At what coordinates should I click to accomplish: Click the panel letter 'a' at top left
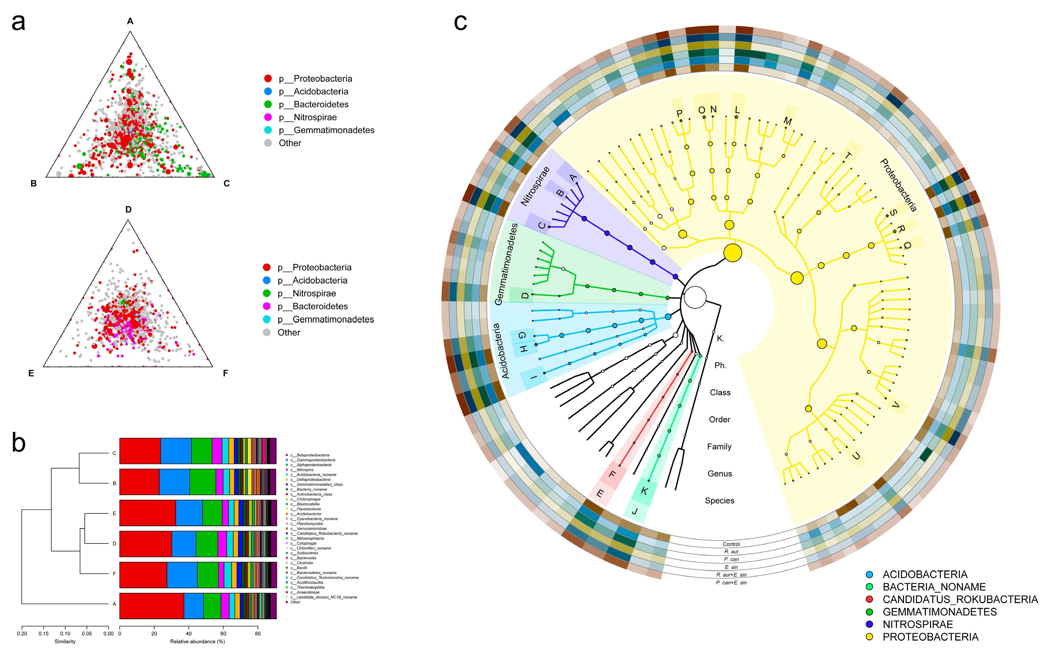(18, 22)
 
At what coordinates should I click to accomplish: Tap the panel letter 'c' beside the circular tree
(460, 22)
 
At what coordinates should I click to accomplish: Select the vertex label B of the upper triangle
(33, 183)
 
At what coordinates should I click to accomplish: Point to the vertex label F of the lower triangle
(225, 373)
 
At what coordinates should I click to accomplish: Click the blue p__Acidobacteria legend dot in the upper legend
(268, 91)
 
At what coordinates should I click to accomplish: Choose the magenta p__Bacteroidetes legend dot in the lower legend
(267, 306)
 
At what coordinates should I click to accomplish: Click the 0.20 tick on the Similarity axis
(22, 634)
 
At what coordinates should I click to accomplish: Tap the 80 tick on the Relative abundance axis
(258, 634)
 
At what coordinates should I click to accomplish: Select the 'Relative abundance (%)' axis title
(198, 642)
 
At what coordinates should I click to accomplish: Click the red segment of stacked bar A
(151, 606)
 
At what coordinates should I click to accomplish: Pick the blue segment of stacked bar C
(176, 451)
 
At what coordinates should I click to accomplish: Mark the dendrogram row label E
(114, 513)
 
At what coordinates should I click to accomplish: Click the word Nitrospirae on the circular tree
(535, 186)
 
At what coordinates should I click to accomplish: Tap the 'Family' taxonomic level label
(719, 446)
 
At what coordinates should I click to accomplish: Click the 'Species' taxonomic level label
(719, 501)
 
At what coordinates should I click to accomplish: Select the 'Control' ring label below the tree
(731, 544)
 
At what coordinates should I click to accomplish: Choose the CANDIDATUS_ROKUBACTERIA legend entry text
(960, 600)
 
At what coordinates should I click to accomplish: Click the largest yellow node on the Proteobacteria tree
(732, 252)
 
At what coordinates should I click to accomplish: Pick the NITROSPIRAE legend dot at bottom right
(869, 624)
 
